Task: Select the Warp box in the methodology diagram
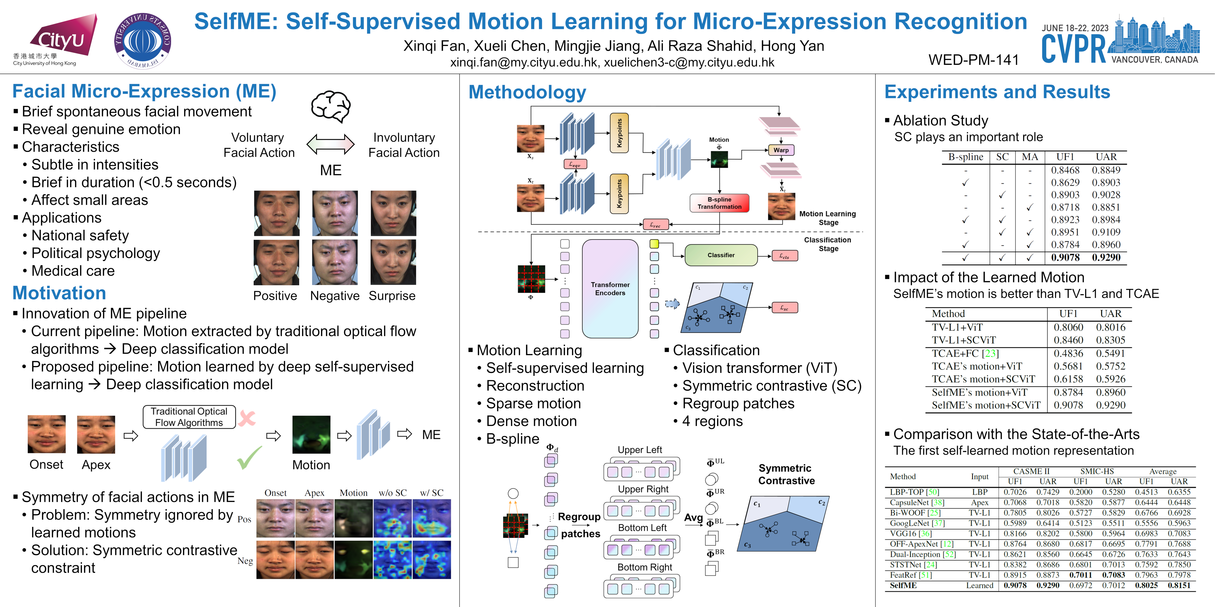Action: tap(781, 150)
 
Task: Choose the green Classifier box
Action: tap(721, 255)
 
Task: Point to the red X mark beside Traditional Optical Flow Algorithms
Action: tap(247, 418)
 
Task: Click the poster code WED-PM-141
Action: tap(974, 60)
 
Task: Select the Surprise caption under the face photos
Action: tap(392, 296)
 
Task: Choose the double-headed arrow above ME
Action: tap(331, 144)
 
